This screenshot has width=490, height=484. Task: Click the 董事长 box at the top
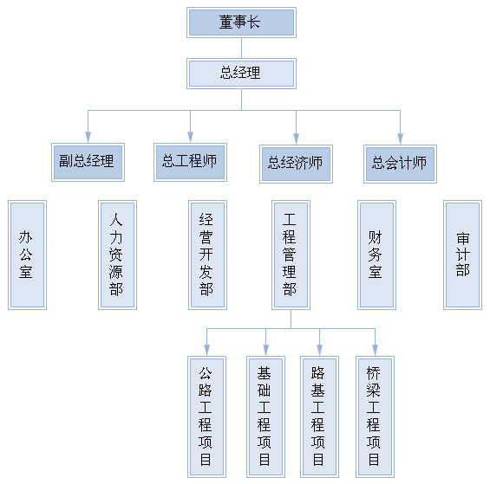point(241,23)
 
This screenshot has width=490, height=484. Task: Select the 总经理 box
point(241,74)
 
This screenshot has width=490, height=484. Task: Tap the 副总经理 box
point(88,162)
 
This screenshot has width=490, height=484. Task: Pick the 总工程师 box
point(190,162)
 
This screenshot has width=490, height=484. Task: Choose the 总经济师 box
point(296,164)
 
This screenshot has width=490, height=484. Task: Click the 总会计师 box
point(400,164)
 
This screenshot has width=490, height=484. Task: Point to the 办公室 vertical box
point(27,255)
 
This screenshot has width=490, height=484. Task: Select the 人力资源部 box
point(117,255)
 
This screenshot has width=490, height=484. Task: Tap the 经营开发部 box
point(207,255)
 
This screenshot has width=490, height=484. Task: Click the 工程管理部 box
point(291,255)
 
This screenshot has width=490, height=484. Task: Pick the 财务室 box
point(376,255)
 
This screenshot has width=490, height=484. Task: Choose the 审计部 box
point(462,255)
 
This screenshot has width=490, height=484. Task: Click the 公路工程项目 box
point(206,416)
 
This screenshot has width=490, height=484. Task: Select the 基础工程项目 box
point(265,416)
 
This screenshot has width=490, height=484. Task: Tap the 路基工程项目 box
point(319,416)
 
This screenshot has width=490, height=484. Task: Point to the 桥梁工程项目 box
point(375,416)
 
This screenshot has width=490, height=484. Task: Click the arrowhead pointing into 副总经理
point(88,138)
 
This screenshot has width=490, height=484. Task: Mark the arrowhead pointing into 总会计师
point(400,139)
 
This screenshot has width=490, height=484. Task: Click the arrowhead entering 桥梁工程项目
point(375,351)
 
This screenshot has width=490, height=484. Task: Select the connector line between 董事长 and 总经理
point(241,48)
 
